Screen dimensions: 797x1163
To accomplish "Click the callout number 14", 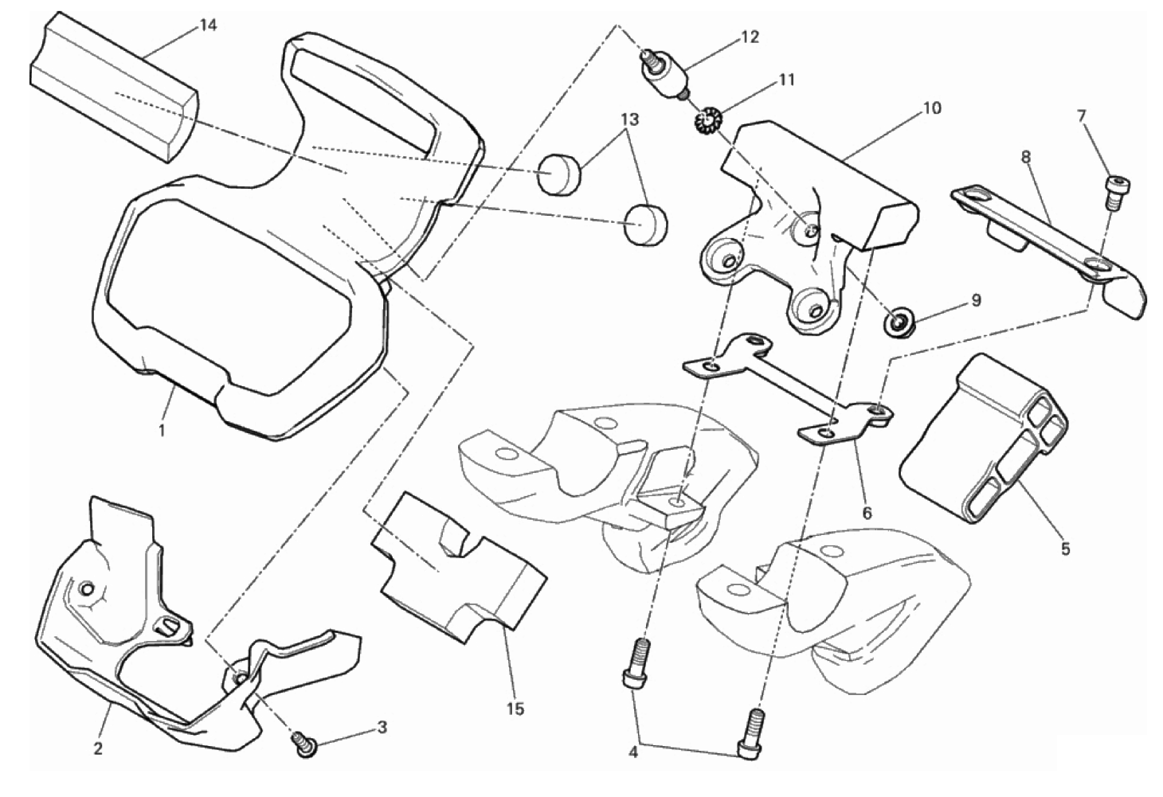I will click(207, 25).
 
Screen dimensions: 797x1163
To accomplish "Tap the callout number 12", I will click(750, 37).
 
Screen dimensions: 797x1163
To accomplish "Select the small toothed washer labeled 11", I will click(704, 120).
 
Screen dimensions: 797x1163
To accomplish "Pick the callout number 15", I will click(515, 708).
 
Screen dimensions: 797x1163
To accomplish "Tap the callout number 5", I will click(1065, 548).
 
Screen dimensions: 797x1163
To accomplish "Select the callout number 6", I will click(867, 513).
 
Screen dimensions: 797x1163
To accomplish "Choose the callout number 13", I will click(629, 120).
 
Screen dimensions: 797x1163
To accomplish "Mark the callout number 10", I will click(931, 107).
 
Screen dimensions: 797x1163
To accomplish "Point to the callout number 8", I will click(1026, 157).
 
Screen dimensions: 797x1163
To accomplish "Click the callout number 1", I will click(162, 431).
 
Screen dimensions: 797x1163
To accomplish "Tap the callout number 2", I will click(98, 748).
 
